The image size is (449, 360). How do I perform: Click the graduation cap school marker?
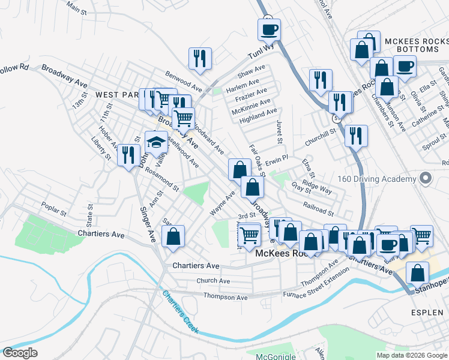pos(156,143)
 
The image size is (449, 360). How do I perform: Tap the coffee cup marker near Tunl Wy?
pos(269,29)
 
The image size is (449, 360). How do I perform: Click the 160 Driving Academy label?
pos(377,179)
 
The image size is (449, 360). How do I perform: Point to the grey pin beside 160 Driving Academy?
pos(426,179)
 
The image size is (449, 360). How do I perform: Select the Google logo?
pos(20,353)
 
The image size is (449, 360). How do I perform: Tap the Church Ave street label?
pos(213,281)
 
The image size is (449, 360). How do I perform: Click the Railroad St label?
pos(318,208)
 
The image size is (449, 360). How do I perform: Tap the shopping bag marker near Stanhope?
pos(417,273)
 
